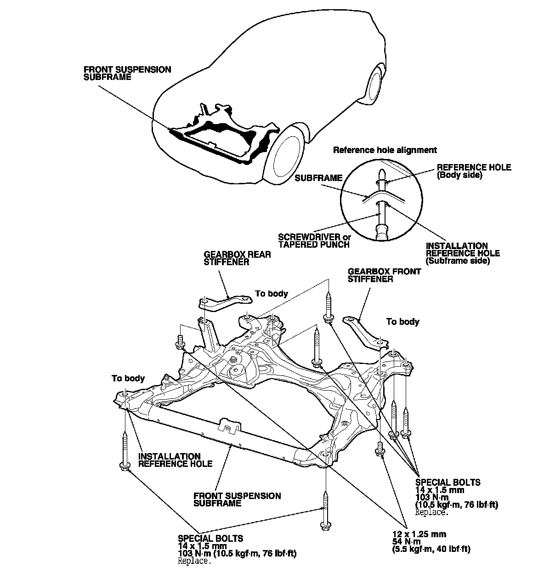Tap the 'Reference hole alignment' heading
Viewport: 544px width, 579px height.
[x=385, y=150]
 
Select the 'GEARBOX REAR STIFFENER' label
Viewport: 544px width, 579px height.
[x=237, y=258]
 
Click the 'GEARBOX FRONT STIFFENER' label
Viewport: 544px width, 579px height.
[x=384, y=275]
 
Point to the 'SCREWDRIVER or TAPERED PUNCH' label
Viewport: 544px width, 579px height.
[x=314, y=241]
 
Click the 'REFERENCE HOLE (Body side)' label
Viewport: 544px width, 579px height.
[x=474, y=171]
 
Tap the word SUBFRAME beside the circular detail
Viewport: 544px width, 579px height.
[x=318, y=177]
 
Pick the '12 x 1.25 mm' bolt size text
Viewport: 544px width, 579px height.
[x=419, y=534]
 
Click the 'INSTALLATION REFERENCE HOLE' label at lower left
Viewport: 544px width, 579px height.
[x=175, y=460]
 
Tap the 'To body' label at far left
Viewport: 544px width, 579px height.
[x=128, y=378]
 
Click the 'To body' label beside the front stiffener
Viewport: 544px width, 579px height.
[x=402, y=322]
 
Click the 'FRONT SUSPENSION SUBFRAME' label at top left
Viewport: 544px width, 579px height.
[x=127, y=73]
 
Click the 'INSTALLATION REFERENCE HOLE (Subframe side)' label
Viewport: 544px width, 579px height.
[x=462, y=253]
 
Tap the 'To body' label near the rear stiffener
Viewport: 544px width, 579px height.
[x=272, y=294]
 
